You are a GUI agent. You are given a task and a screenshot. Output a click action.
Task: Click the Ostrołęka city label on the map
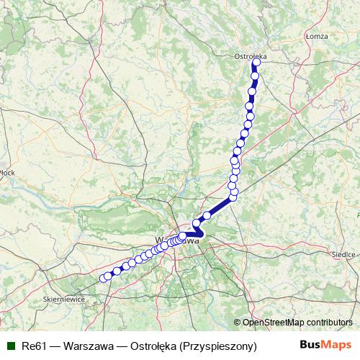(x=251, y=55)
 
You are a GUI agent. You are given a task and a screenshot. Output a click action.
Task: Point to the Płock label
(x=8, y=172)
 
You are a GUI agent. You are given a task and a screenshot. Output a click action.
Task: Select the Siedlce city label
(x=344, y=254)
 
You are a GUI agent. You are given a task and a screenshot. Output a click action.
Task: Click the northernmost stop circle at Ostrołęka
(x=256, y=62)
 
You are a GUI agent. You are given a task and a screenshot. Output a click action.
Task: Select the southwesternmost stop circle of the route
(x=102, y=278)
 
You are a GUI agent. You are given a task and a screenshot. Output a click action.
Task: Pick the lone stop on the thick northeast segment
(x=207, y=215)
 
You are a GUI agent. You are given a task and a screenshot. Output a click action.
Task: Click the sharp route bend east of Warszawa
(x=202, y=233)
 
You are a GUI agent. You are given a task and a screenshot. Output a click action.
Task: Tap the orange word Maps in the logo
(x=334, y=346)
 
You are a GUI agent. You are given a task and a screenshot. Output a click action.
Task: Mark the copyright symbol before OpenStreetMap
(x=237, y=322)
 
